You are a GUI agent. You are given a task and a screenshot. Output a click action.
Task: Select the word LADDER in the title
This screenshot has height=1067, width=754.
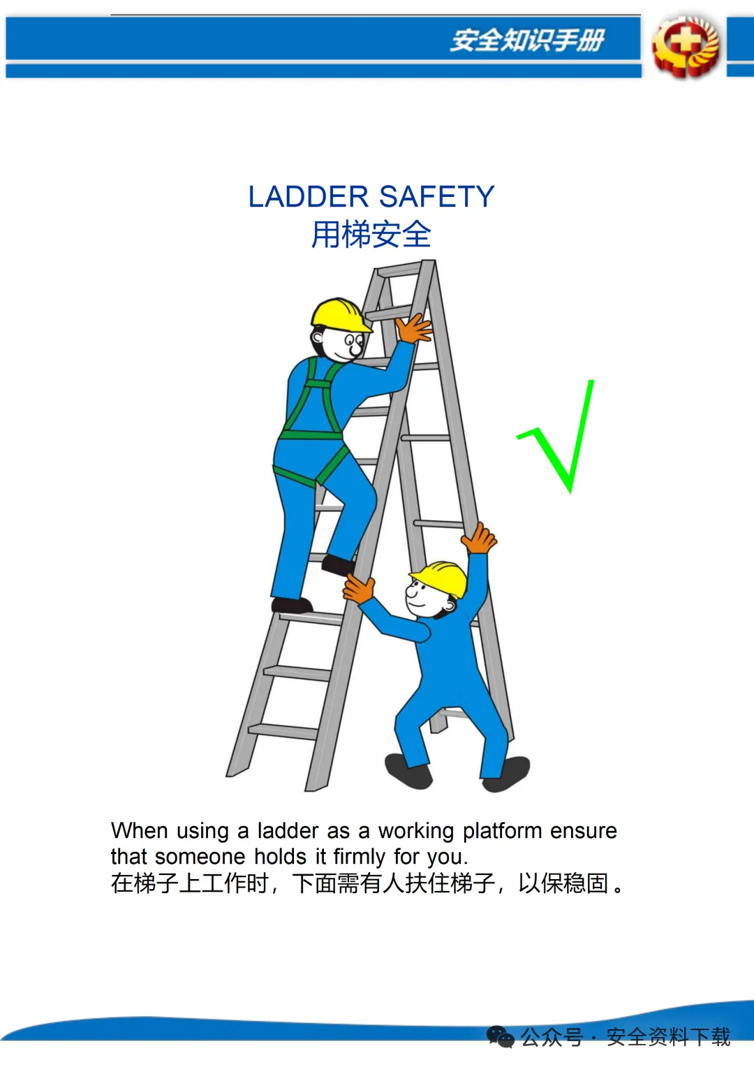point(309,196)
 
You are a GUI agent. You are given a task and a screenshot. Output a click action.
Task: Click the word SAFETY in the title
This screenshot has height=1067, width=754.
point(437,196)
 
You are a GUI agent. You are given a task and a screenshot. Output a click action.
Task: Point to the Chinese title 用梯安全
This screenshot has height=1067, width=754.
point(371,235)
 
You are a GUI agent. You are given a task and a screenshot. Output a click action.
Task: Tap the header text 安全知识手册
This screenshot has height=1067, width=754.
point(527,40)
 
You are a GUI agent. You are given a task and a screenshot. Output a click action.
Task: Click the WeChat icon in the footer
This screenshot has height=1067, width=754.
point(500,1036)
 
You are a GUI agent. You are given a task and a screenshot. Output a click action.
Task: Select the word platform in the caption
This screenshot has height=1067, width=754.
point(503,831)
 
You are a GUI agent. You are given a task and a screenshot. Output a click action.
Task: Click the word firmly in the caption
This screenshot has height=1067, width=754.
point(359,856)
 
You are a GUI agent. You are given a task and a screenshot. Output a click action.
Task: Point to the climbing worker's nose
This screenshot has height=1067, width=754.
point(355,349)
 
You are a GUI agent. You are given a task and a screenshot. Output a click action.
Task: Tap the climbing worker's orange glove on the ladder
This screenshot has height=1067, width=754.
point(413,328)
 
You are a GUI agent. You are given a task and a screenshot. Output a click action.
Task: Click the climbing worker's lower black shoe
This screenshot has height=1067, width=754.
point(292,605)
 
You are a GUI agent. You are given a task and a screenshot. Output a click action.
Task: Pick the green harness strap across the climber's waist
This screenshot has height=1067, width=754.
point(311,434)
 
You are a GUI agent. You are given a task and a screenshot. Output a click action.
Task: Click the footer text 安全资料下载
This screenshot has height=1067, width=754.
point(668,1036)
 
